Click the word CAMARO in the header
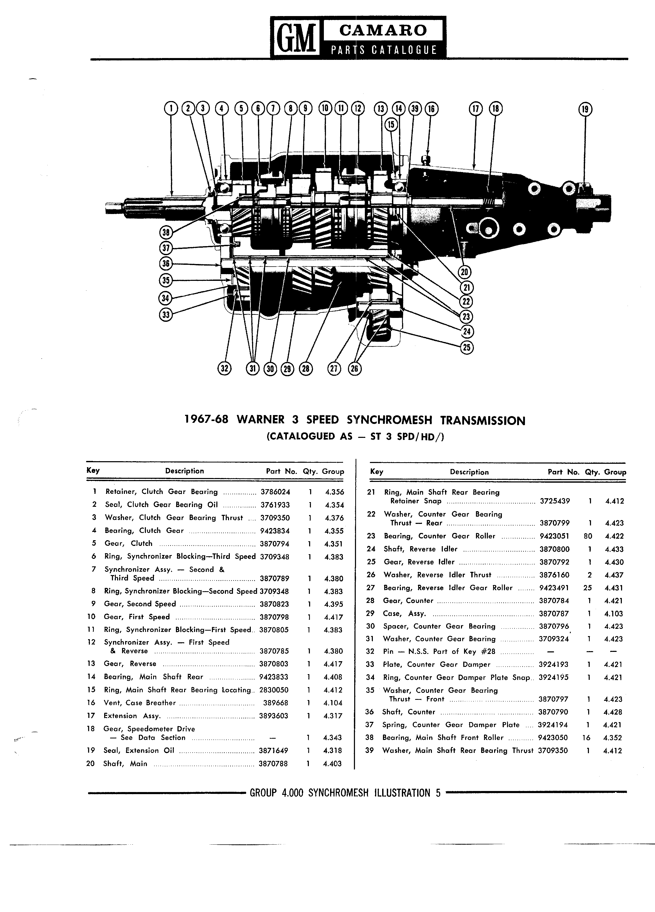point(383,30)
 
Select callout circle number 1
point(171,109)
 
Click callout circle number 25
point(466,347)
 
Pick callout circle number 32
point(225,368)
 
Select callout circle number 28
point(305,369)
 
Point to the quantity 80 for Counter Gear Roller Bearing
point(587,536)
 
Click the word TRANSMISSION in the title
point(482,421)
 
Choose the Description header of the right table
point(469,472)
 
